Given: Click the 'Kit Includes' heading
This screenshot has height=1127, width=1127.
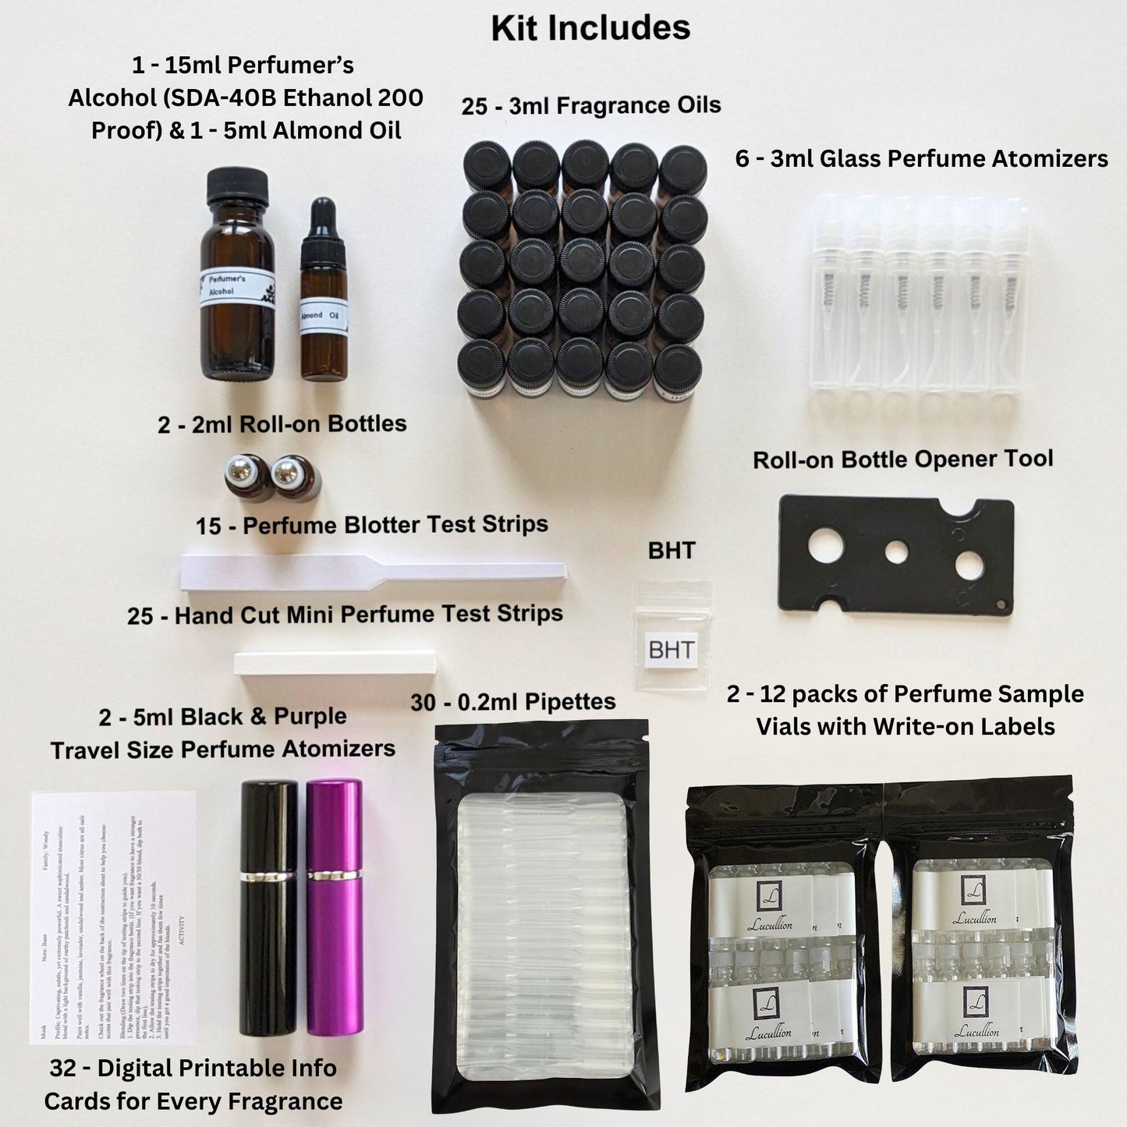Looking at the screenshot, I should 590,28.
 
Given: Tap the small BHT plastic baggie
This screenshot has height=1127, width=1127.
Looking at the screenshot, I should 672,636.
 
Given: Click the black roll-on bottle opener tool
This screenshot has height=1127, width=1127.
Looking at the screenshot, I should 897,554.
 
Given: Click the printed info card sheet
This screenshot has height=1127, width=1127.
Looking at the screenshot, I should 113,916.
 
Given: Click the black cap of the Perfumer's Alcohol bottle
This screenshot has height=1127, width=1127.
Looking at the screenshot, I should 237,190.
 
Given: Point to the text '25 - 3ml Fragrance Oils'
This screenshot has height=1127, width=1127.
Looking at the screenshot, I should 590,105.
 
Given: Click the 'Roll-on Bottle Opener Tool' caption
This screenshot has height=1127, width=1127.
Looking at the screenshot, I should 902,459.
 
